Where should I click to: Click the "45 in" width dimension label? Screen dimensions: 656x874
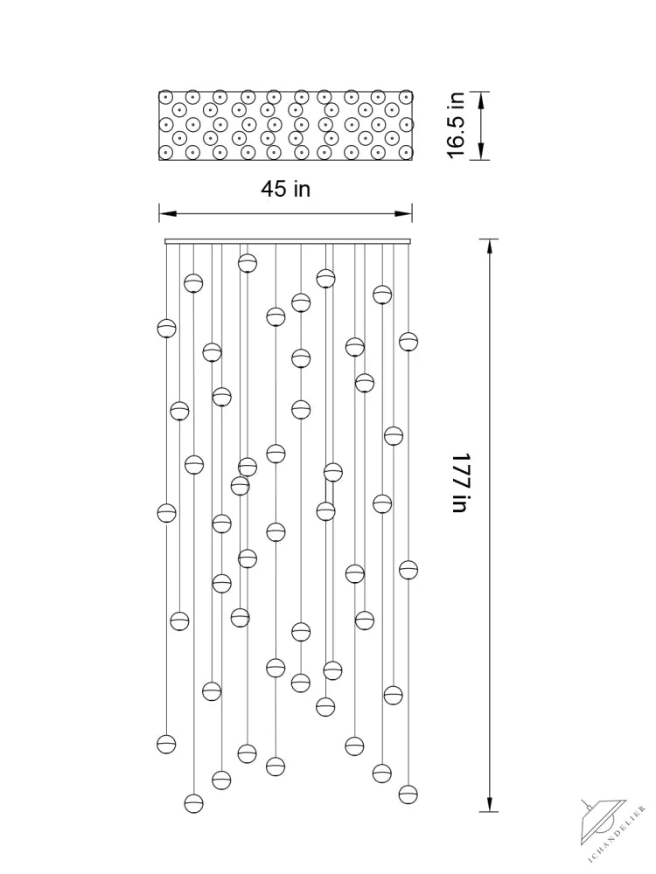pyautogui.click(x=285, y=189)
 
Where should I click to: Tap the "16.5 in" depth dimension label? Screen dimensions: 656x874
pyautogui.click(x=457, y=125)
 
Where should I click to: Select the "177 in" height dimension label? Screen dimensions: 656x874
pyautogui.click(x=461, y=482)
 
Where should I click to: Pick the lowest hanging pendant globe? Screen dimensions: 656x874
pyautogui.click(x=193, y=803)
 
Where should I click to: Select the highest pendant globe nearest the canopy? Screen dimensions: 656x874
pyautogui.click(x=248, y=262)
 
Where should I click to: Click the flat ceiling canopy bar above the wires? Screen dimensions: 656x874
pyautogui.click(x=288, y=241)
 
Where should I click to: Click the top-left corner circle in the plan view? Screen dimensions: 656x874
pyautogui.click(x=165, y=98)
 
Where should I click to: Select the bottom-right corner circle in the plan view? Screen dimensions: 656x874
pyautogui.click(x=406, y=152)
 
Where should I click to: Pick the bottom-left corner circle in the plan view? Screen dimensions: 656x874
pyautogui.click(x=165, y=152)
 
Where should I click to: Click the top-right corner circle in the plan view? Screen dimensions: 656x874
pyautogui.click(x=406, y=98)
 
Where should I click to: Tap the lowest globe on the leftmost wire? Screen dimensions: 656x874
pyautogui.click(x=166, y=744)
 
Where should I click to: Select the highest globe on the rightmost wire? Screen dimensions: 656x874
pyautogui.click(x=408, y=341)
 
